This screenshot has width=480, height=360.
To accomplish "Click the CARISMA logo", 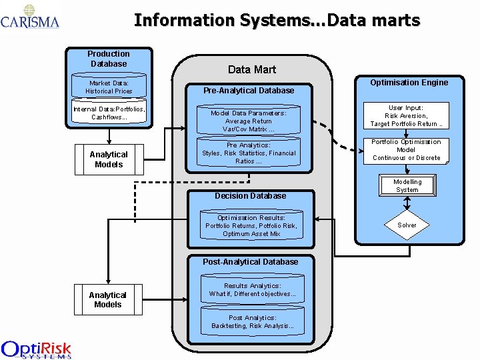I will click(30, 17).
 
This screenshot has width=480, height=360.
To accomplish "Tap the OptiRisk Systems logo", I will click(37, 349).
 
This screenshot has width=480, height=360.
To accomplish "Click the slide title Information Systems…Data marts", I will click(277, 21).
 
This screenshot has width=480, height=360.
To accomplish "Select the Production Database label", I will click(109, 59).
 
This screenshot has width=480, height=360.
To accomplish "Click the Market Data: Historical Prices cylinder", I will click(109, 87).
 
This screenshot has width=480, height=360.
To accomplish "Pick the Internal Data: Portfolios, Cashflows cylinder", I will click(109, 113).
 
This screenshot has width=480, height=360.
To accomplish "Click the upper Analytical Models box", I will click(109, 159).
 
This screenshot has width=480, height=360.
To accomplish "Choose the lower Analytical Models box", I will click(108, 299).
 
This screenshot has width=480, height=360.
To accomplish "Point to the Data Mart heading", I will click(251, 69).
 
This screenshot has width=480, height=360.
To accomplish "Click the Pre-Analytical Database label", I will click(249, 91).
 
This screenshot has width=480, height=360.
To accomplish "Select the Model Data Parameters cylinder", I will click(249, 121).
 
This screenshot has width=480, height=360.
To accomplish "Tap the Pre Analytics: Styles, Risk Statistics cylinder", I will click(249, 153).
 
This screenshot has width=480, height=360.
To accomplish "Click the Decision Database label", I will click(250, 196).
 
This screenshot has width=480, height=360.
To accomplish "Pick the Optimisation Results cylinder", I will click(251, 226).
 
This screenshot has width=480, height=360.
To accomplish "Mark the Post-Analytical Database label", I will click(251, 262).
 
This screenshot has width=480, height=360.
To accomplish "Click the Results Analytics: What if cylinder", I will click(252, 290).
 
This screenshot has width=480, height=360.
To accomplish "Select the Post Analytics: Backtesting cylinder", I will click(252, 322).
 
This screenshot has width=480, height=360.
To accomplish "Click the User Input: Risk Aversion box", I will click(407, 115).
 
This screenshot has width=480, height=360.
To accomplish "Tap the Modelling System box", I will click(407, 185).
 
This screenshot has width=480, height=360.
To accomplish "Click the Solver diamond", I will click(407, 225).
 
